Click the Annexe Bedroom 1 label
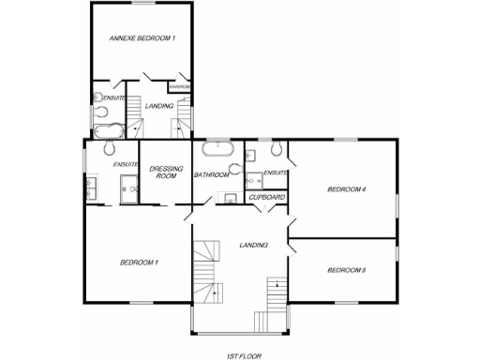[x=142, y=38]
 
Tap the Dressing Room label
[x=166, y=172]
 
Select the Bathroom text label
[x=211, y=174]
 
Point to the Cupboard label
[x=266, y=198]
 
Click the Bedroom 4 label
[x=344, y=189]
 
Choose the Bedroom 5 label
[x=344, y=271]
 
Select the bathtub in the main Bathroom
[x=217, y=148]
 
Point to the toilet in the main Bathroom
[x=235, y=171]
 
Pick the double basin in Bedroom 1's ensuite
[x=90, y=188]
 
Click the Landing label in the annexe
[x=159, y=107]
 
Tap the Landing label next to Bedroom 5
[x=253, y=246]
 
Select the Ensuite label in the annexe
[x=114, y=98]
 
